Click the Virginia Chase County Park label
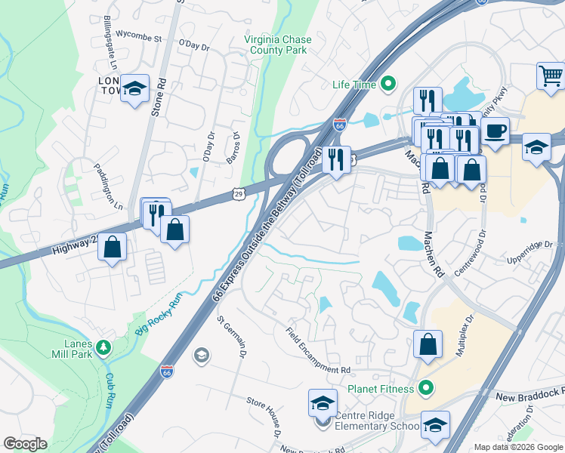pos(276,45)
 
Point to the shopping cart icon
pos(551,77)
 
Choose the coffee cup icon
pos(495,131)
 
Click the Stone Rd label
pos(157,96)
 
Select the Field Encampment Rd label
pos(318,350)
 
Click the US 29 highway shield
pos(238,195)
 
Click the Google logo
pos(25,444)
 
